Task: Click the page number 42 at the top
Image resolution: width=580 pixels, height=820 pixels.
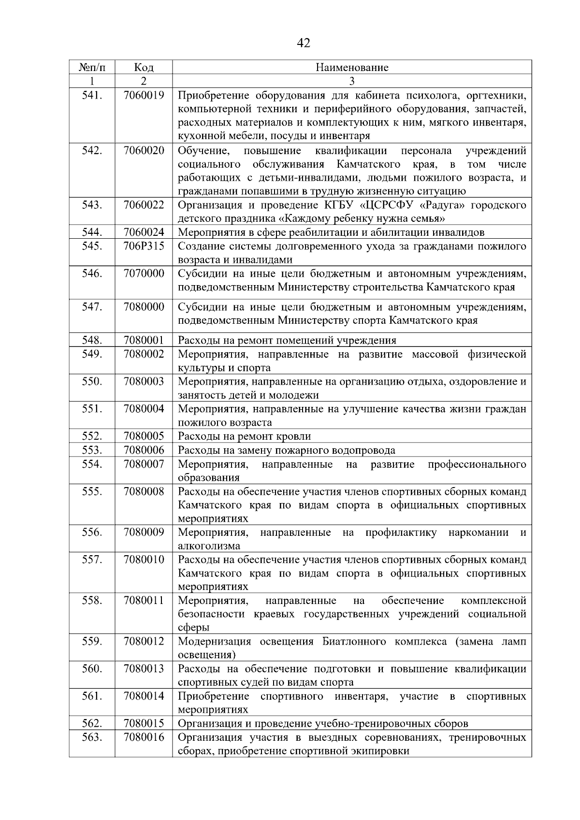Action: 303,43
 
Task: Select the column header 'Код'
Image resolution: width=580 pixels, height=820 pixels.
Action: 144,67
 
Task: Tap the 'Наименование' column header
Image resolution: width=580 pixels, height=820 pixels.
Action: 352,67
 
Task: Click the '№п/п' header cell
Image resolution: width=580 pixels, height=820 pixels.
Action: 92,67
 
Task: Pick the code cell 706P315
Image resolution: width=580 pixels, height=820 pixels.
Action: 144,246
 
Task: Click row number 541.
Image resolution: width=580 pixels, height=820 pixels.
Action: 92,96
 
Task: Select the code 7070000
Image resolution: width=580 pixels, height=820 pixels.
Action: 144,274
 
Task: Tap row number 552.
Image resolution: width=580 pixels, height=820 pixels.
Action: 92,437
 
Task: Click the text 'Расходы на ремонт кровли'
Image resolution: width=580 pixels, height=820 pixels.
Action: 245,437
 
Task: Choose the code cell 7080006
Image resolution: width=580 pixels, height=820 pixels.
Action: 144,450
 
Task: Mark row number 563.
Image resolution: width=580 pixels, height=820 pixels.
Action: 92,737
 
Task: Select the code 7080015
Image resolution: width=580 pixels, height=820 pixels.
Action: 144,724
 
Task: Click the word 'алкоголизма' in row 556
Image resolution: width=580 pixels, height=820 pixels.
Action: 209,547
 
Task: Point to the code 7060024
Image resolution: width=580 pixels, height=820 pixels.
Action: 144,233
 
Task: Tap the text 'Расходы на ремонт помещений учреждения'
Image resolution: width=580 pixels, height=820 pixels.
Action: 287,341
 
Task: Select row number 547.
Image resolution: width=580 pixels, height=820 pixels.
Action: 92,307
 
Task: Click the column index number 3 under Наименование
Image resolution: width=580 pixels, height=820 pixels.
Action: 352,81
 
